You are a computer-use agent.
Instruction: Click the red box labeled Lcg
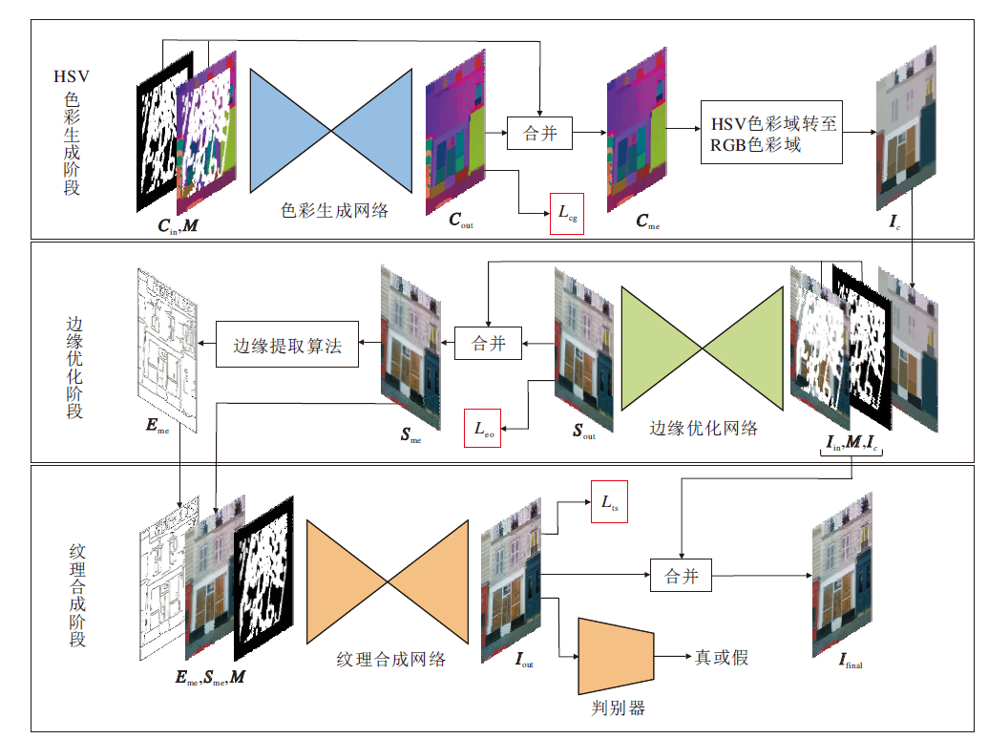(566, 214)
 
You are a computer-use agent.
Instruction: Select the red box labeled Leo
(483, 429)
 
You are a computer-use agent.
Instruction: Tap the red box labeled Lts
(609, 501)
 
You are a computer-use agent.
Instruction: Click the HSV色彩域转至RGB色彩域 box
(772, 133)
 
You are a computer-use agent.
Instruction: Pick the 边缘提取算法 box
(287, 344)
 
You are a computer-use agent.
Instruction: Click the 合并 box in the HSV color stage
(540, 133)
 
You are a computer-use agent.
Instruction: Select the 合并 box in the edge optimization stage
(489, 344)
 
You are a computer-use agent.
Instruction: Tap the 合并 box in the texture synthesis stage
(682, 575)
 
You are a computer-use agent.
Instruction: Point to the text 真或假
(722, 657)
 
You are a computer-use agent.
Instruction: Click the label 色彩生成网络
(335, 210)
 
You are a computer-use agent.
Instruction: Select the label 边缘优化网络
(704, 429)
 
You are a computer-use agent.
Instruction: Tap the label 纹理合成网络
(391, 660)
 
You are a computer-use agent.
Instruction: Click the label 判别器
(619, 708)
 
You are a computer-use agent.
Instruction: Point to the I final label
(851, 661)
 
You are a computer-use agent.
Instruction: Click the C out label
(461, 220)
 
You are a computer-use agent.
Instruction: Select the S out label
(584, 431)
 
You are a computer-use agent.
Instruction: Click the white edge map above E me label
(168, 350)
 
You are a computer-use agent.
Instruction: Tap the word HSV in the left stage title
(72, 77)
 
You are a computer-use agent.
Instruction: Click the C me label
(648, 222)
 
